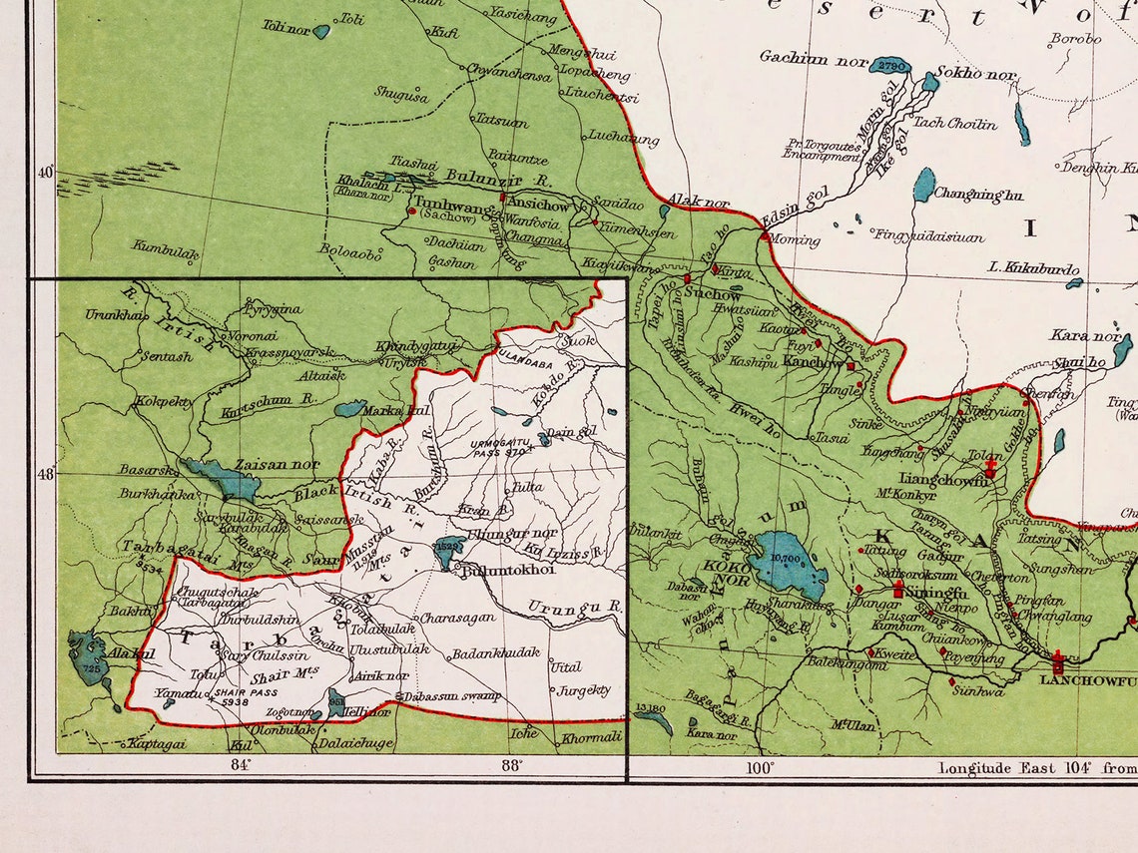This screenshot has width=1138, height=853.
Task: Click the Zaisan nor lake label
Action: (x=277, y=464)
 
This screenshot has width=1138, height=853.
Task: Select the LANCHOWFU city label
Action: (x=1087, y=680)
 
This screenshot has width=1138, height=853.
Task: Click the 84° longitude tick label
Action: (x=241, y=765)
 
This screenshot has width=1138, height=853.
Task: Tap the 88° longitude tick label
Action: (x=512, y=765)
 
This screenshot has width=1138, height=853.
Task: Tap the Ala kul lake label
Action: (x=131, y=652)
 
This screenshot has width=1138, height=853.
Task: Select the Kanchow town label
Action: (x=813, y=362)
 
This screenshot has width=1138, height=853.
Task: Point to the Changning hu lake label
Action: (x=977, y=196)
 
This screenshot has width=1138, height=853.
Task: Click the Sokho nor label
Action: (x=974, y=75)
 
